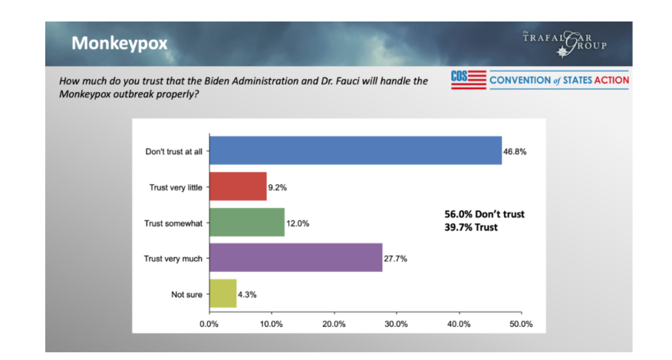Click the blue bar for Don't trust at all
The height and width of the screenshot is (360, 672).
tap(355, 151)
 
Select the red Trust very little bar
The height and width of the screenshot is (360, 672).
tap(238, 187)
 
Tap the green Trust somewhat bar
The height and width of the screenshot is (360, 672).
tap(246, 223)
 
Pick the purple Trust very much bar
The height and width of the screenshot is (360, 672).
tap(295, 258)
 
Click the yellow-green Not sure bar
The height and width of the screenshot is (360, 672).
tap(222, 293)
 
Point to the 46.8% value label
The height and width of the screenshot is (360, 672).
tap(515, 152)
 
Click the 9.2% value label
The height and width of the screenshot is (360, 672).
tap(278, 187)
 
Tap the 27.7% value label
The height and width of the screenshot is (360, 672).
tap(396, 259)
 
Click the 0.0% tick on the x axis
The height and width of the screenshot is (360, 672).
tap(209, 324)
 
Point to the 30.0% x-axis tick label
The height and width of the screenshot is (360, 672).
tap(396, 324)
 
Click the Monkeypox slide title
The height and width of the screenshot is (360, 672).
tap(119, 44)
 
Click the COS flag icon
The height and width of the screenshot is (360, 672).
tap(468, 80)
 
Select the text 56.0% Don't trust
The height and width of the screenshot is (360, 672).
tap(485, 214)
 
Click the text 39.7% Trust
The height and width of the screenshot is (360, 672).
tap(472, 227)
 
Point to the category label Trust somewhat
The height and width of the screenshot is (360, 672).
tap(173, 223)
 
